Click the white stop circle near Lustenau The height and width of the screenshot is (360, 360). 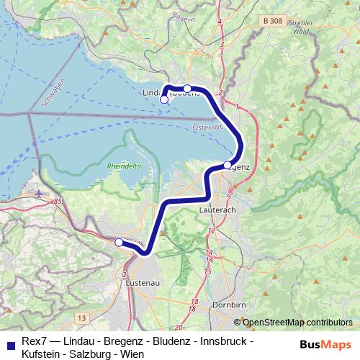119,243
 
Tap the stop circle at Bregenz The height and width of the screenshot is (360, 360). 228,165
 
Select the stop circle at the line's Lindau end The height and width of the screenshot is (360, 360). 164,100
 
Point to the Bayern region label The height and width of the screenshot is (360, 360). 184,17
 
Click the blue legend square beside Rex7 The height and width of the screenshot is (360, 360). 8,342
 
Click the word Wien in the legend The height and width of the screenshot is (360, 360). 132,354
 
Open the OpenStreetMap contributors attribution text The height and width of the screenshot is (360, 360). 297,323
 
